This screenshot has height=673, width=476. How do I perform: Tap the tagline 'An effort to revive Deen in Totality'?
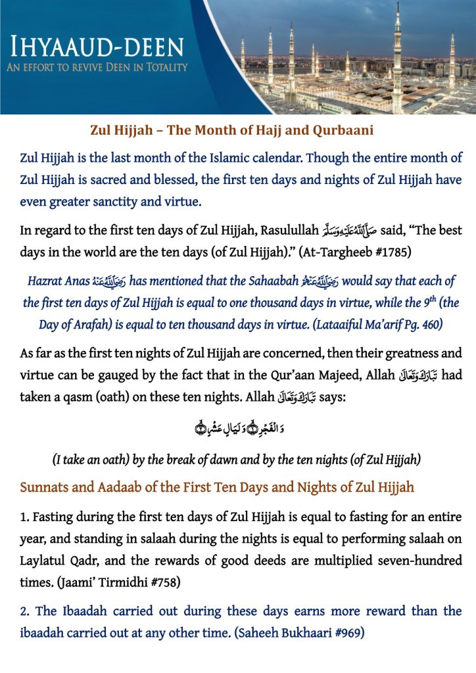click(99, 67)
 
